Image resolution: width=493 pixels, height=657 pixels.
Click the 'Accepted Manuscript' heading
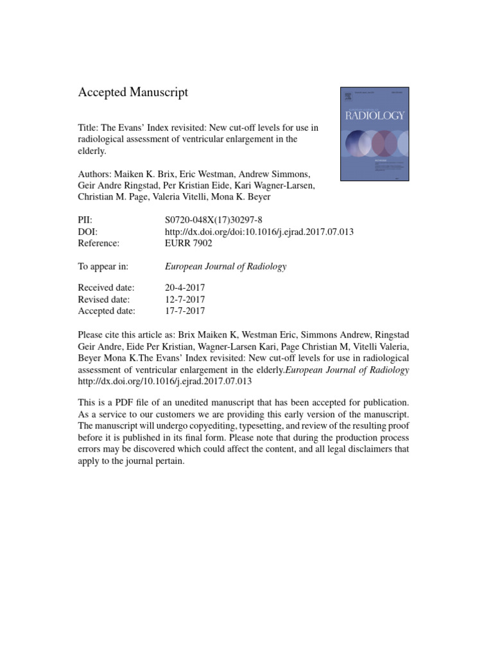tap(133, 92)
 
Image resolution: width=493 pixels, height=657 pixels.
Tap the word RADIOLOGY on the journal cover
tap(375, 115)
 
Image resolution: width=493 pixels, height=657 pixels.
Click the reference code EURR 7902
tap(189, 243)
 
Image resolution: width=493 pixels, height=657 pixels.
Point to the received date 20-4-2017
tap(185, 287)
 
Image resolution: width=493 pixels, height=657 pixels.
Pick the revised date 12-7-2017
tap(185, 299)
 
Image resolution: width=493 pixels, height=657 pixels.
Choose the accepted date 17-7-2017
tap(185, 311)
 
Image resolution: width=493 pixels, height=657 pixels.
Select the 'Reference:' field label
tap(99, 243)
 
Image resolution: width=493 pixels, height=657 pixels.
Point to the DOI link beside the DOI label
tap(259, 232)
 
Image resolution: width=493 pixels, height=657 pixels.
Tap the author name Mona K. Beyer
tap(247, 197)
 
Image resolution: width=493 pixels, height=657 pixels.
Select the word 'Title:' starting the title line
tap(89, 128)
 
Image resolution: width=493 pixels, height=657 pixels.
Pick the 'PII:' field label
tap(85, 219)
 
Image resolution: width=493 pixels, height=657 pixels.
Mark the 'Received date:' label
tap(106, 287)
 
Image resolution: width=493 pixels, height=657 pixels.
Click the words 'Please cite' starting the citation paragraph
tap(101, 336)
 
